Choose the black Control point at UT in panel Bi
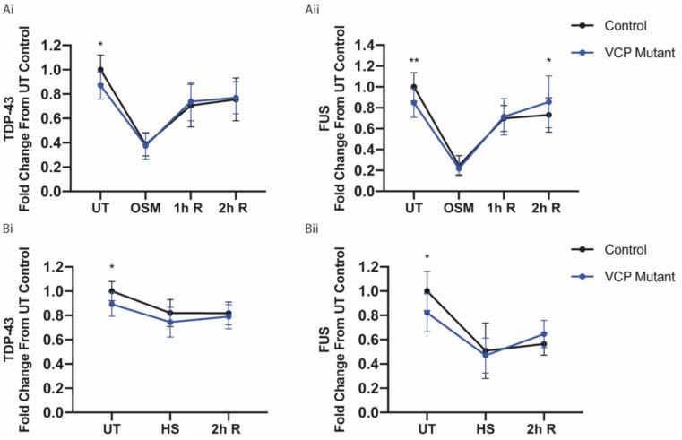111,291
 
